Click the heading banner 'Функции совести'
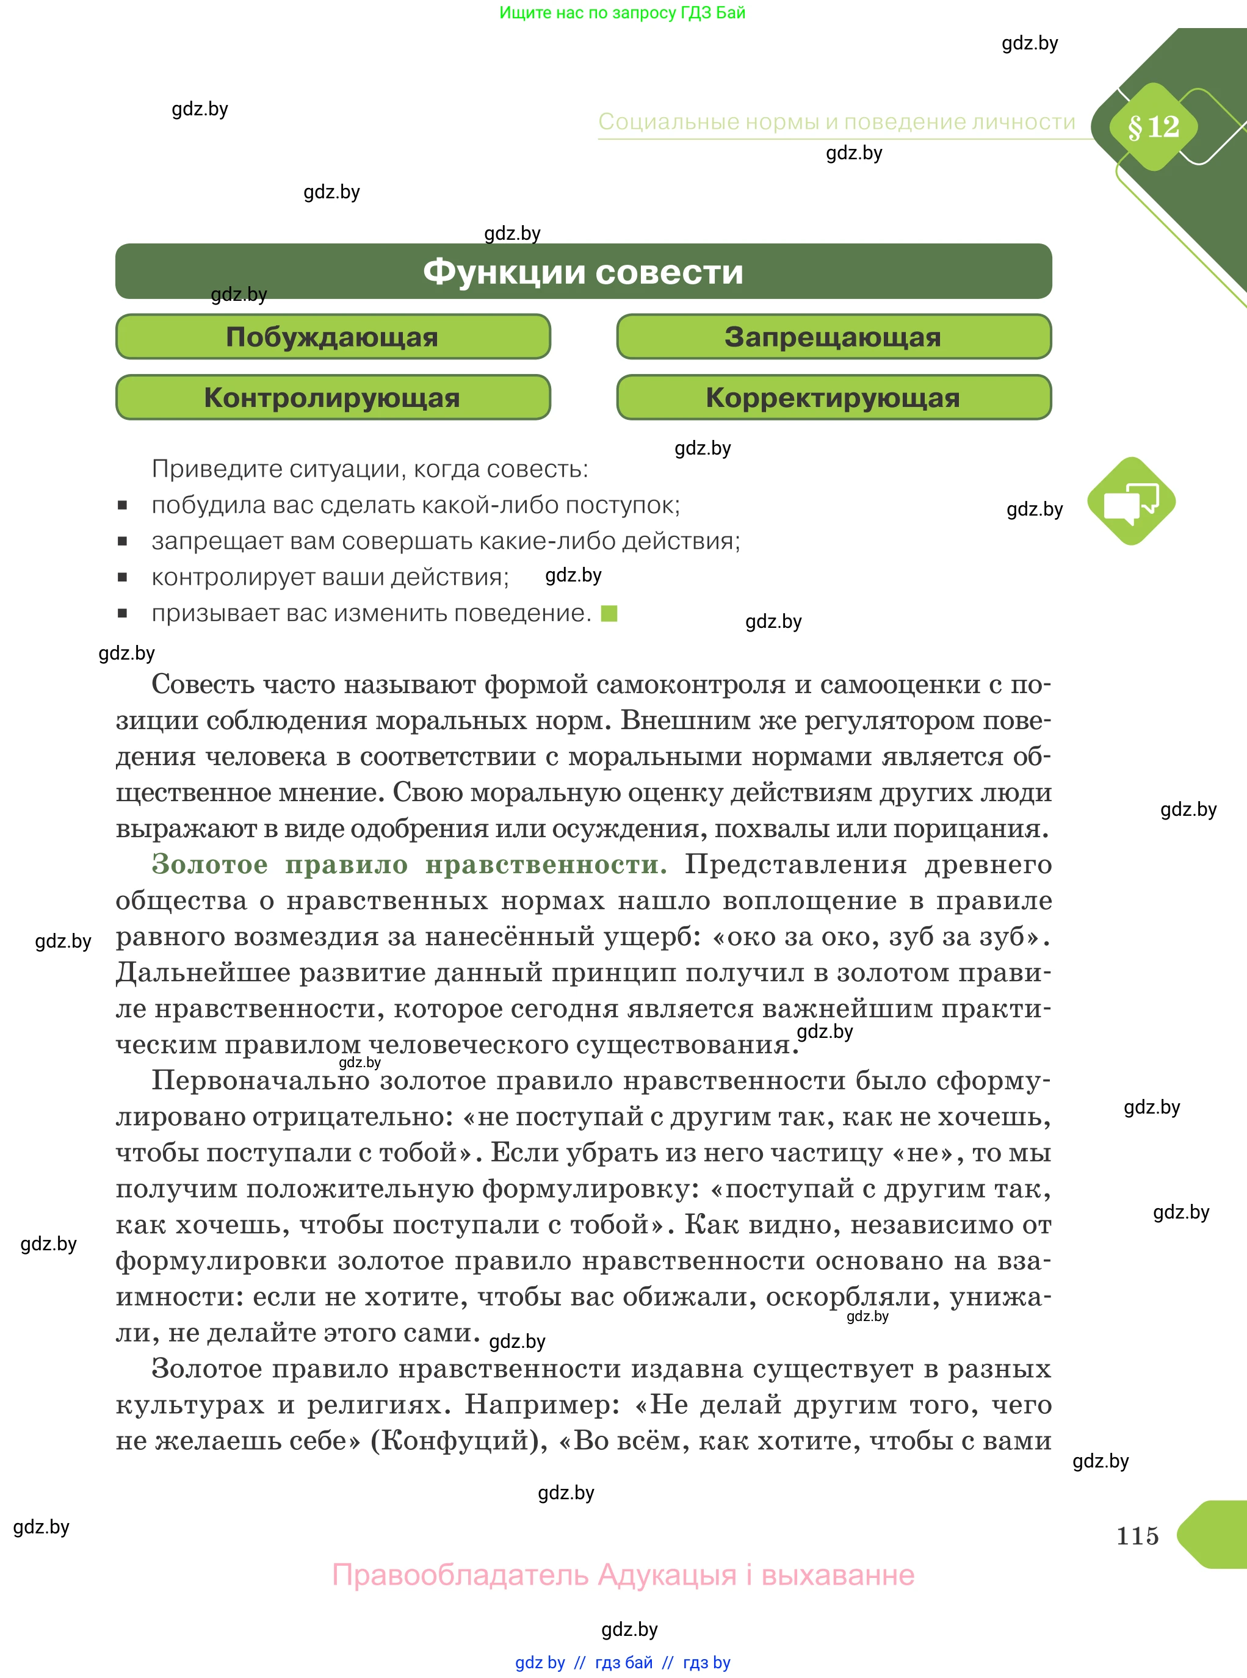click(583, 272)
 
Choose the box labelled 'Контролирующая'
click(332, 398)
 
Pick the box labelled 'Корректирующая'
click(833, 398)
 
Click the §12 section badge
click(1152, 127)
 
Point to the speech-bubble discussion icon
click(1131, 501)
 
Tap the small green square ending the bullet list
click(609, 613)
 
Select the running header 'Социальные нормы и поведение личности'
click(836, 122)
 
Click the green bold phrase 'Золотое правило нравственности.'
click(409, 865)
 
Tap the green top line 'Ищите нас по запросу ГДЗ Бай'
click(622, 13)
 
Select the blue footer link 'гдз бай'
click(624, 1662)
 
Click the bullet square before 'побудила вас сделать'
click(122, 505)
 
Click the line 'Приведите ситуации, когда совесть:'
click(370, 469)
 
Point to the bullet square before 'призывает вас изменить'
click(122, 613)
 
